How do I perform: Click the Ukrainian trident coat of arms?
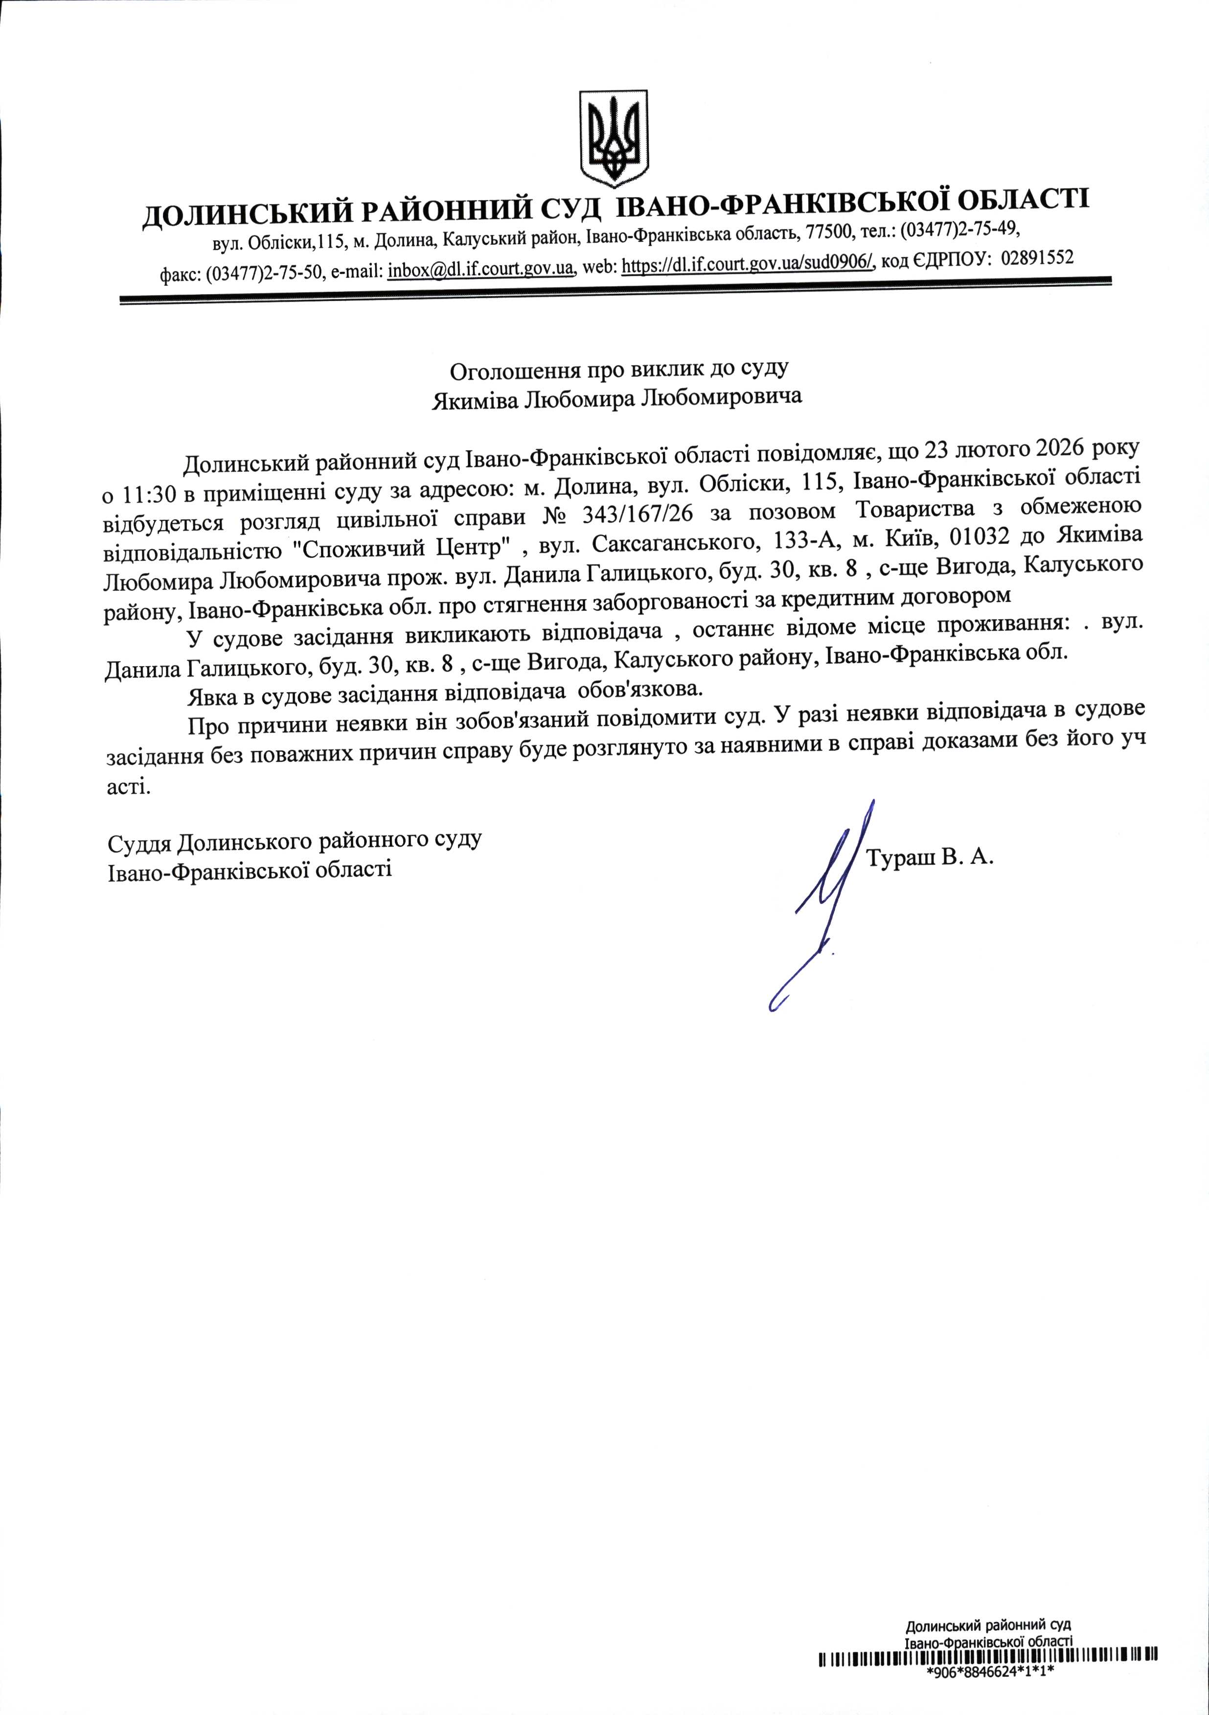(x=614, y=139)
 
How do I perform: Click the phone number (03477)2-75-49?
(x=959, y=227)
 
